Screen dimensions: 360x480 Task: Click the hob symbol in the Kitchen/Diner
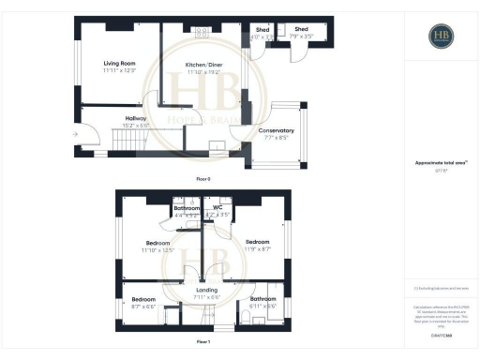point(200,33)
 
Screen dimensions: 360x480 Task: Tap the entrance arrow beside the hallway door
point(75,133)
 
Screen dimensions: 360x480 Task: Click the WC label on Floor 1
point(217,207)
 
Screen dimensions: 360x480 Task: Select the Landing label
point(206,291)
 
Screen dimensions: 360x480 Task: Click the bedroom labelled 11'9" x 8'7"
point(257,244)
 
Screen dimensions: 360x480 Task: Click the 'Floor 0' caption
point(202,178)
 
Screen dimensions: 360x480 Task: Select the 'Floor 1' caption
point(202,342)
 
